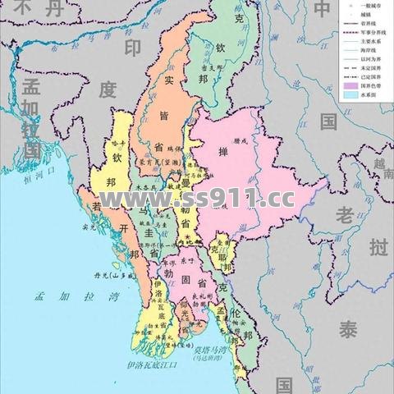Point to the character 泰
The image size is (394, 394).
click(x=350, y=331)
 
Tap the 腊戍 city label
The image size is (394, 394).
click(x=239, y=140)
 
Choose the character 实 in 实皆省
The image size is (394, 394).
click(x=167, y=80)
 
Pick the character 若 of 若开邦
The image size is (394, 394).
click(x=98, y=204)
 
